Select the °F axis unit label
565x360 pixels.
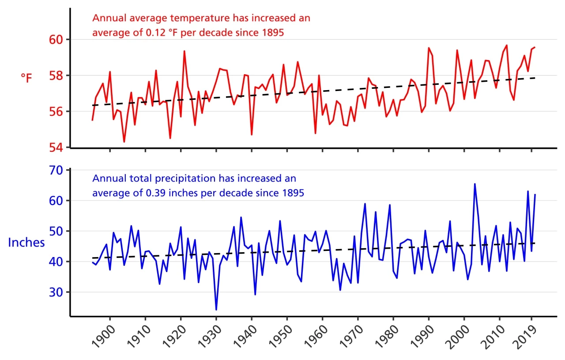pos(26,79)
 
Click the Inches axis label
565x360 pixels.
pos(26,242)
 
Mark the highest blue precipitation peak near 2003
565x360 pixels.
pos(475,184)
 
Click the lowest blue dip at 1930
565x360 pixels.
pos(216,309)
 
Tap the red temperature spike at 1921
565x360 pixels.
pos(184,51)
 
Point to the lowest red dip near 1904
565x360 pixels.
pos(124,141)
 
